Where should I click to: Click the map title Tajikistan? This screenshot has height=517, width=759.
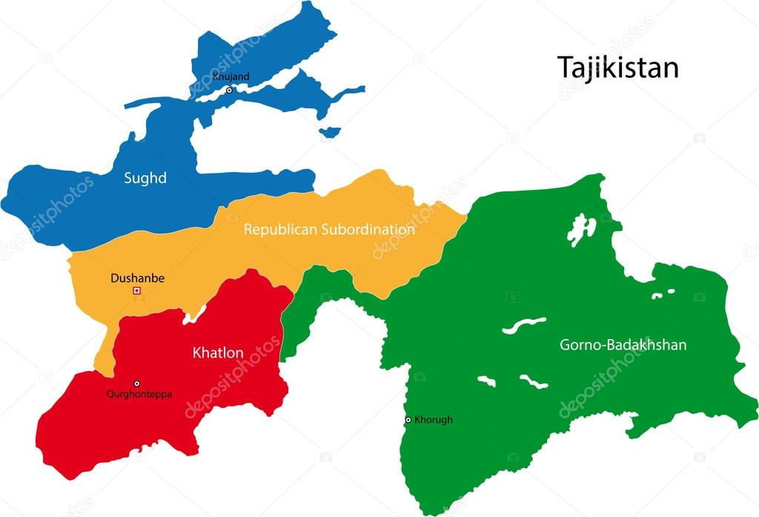point(617,67)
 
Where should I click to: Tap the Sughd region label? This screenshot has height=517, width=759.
point(145,178)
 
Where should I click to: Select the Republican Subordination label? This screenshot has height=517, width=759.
point(329,230)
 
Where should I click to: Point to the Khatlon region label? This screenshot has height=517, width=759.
point(218,353)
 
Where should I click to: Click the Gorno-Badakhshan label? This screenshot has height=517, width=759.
point(623,345)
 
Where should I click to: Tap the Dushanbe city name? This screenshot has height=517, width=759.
point(137,279)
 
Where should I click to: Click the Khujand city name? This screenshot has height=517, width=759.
point(231,76)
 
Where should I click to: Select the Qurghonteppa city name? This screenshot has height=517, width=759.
point(139,395)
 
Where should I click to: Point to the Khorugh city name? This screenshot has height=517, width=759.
point(434,420)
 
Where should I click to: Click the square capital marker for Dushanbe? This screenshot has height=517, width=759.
point(136,291)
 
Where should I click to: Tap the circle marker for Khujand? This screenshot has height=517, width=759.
point(229,90)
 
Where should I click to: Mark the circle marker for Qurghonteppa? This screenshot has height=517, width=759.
point(136,383)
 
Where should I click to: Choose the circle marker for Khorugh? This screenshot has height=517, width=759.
point(408,420)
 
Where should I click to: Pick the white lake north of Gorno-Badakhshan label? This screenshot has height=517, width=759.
point(523,326)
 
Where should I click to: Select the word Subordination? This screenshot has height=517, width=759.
point(368,230)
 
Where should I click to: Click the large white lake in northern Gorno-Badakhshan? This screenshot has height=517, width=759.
point(581,229)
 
